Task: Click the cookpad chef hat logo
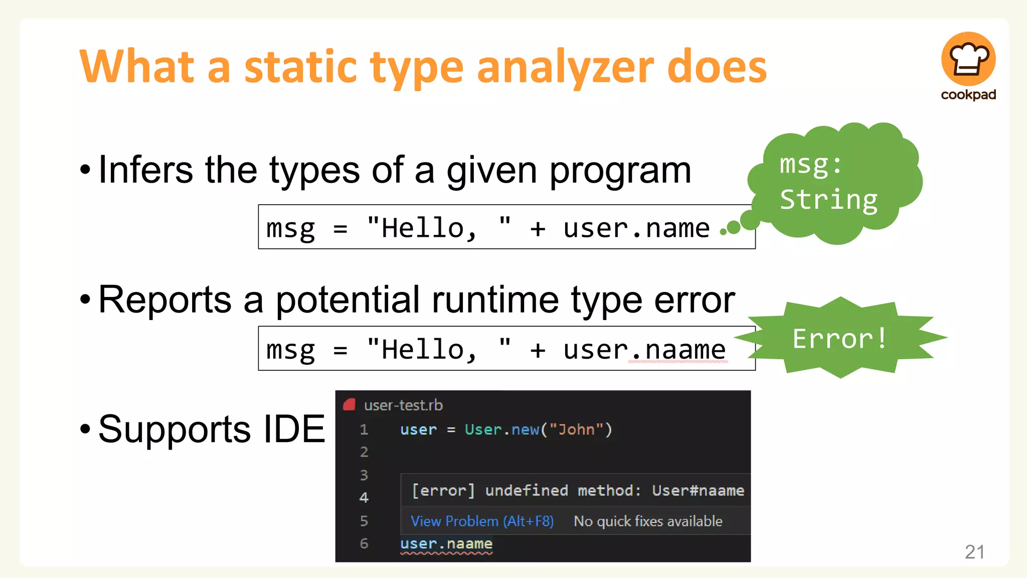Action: [968, 59]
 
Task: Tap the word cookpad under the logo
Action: [968, 95]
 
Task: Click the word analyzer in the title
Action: [566, 68]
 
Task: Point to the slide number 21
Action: [974, 552]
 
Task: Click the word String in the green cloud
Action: [828, 200]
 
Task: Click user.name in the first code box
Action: [636, 228]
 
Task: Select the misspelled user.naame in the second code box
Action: [644, 350]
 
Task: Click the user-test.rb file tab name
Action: [403, 405]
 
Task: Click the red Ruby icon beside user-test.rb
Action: [350, 404]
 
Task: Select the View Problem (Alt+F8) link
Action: [482, 521]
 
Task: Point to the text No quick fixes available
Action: [648, 521]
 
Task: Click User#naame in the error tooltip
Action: [698, 490]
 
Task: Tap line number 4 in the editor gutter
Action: [364, 497]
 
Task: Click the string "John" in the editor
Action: [576, 429]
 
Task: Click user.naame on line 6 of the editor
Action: [446, 543]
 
